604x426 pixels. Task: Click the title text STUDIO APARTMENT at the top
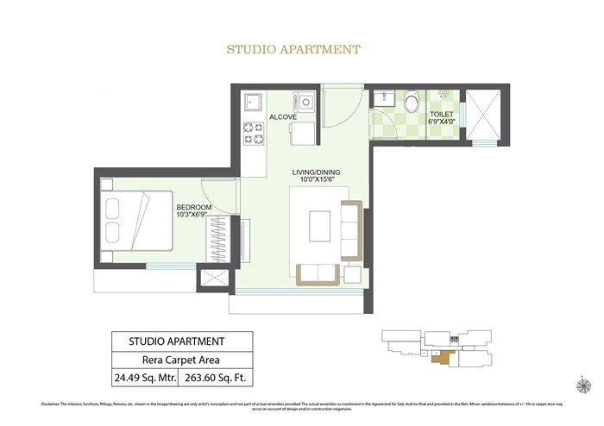click(x=293, y=49)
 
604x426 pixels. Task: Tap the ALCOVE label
click(x=283, y=116)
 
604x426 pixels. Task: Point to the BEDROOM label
click(x=195, y=207)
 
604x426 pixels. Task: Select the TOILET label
click(x=442, y=113)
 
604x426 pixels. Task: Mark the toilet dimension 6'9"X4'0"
click(x=443, y=122)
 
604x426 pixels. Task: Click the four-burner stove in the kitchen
click(x=254, y=133)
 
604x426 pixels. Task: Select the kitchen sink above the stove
click(x=254, y=103)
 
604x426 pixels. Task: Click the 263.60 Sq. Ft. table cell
click(x=213, y=378)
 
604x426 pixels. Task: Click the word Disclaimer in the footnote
click(x=55, y=404)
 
